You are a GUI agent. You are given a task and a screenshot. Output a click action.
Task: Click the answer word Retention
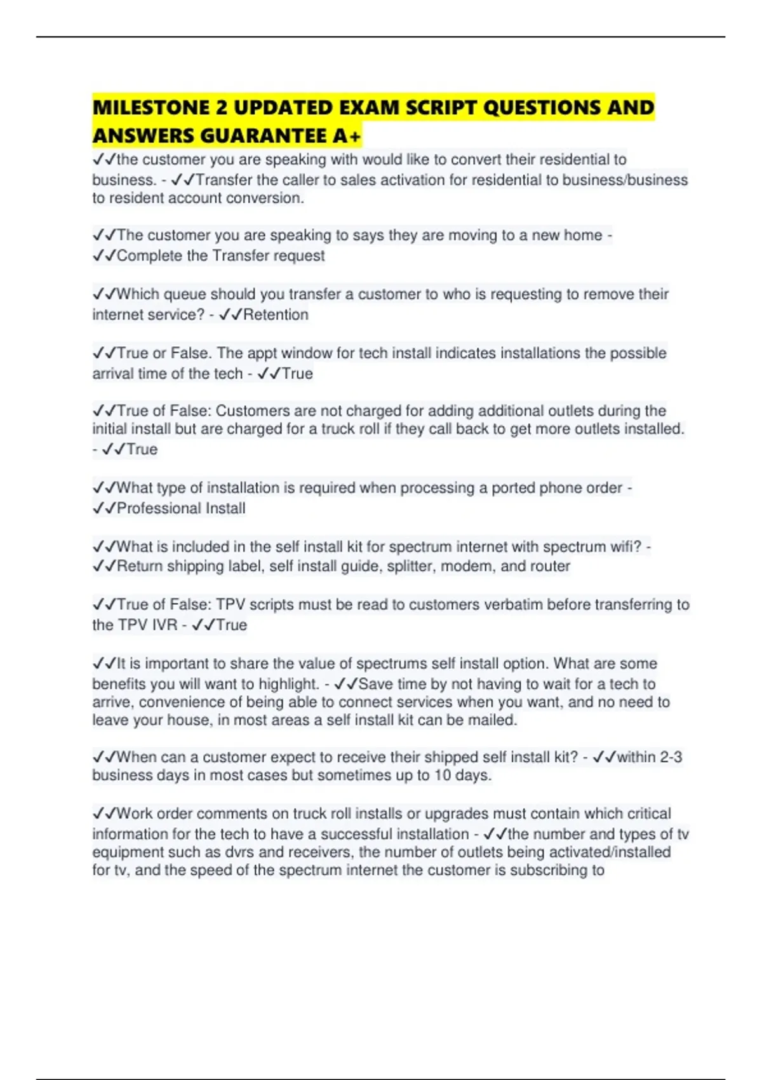click(276, 314)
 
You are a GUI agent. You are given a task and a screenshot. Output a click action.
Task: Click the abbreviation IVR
click(164, 624)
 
